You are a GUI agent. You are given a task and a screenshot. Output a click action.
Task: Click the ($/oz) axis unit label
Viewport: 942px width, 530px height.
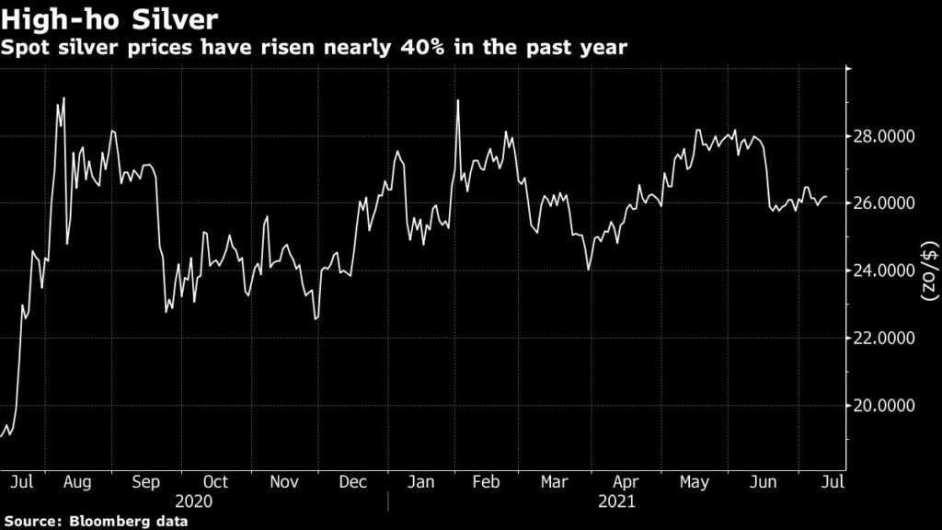point(928,271)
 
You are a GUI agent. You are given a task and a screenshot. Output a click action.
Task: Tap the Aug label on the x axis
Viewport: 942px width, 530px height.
point(76,480)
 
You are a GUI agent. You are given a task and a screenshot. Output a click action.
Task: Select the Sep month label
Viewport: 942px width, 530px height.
point(146,480)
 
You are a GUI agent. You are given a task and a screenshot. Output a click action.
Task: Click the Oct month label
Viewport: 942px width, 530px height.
point(214,480)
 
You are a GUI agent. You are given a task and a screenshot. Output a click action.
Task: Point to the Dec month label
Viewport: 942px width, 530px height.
point(353,480)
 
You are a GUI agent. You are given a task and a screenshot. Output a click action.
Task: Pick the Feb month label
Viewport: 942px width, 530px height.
point(488,480)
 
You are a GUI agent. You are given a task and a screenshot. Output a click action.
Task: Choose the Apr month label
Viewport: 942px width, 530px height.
point(626,480)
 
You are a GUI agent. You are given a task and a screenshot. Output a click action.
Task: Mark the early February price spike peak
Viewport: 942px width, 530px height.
point(457,100)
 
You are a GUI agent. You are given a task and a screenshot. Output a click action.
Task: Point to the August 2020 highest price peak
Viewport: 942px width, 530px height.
point(63,98)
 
